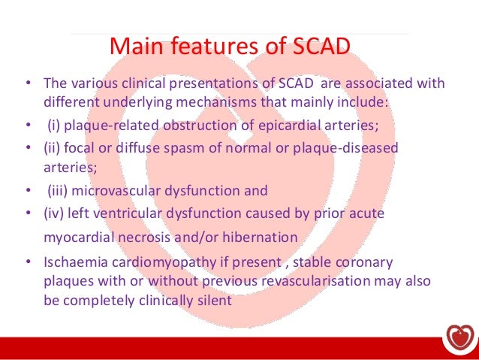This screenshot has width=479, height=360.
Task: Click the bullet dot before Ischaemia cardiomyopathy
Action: click(x=27, y=264)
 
